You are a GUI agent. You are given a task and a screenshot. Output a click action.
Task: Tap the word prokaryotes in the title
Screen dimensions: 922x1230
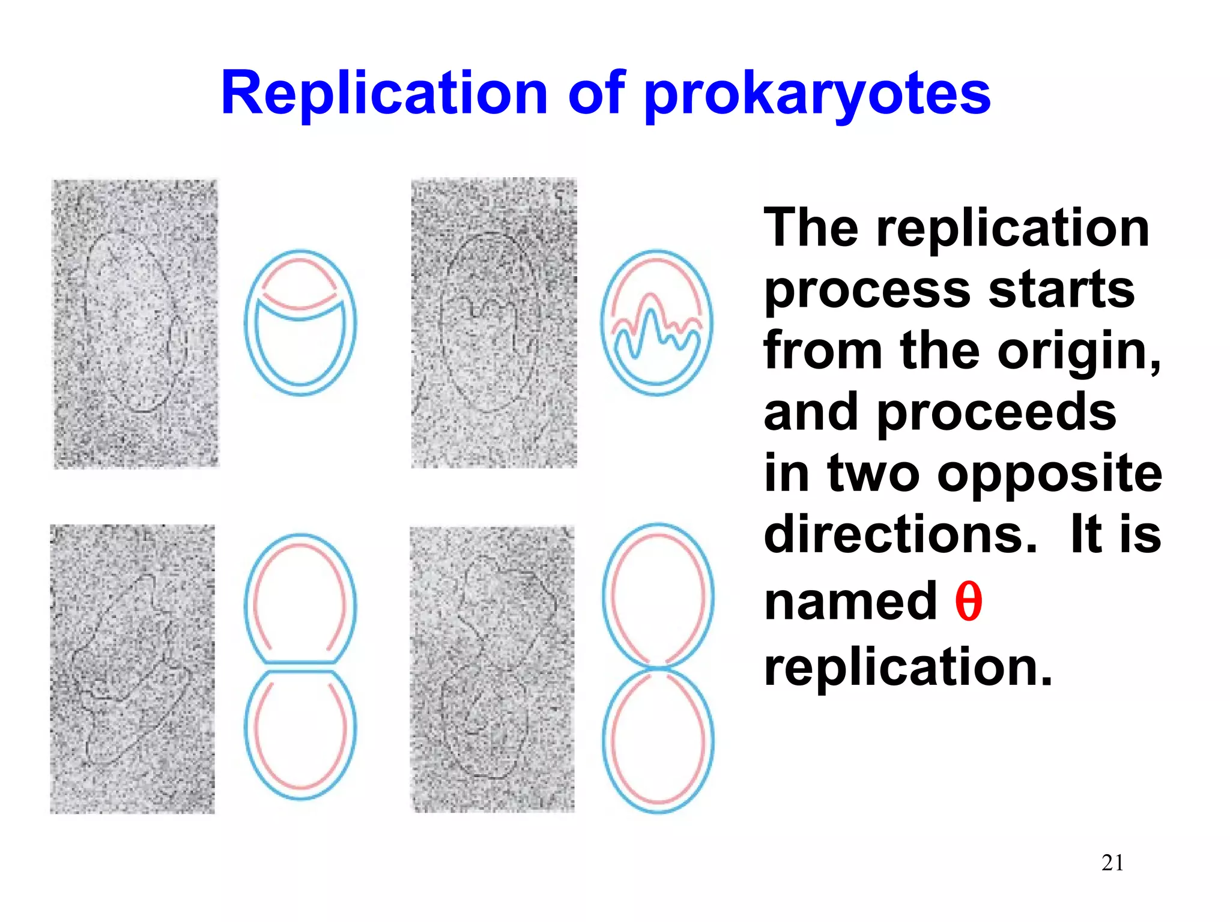coord(817,95)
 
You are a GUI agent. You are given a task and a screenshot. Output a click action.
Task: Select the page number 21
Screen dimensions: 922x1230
coord(1112,863)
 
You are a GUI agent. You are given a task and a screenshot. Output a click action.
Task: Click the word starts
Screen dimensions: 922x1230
coord(1061,289)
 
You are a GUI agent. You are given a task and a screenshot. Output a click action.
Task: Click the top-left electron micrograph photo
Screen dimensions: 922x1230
coord(136,324)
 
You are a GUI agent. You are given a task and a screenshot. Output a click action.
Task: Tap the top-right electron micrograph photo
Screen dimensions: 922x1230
coord(494,323)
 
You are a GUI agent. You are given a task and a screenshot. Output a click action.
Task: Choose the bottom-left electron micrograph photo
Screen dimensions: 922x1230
coord(132,669)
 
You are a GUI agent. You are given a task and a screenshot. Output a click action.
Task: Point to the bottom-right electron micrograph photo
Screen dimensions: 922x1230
coord(492,669)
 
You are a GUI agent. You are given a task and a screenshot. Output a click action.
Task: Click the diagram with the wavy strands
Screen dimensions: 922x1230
coord(656,323)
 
